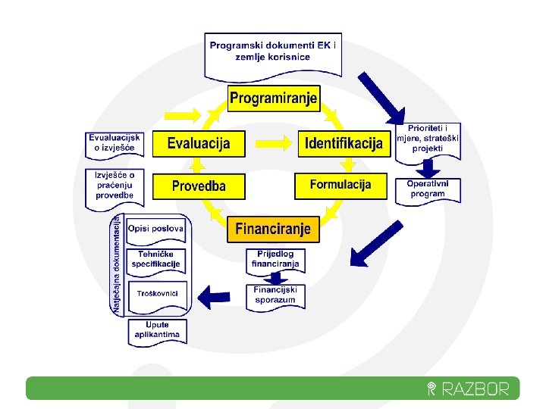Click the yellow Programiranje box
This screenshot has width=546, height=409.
coord(274,98)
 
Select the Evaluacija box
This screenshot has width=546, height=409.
coord(199,143)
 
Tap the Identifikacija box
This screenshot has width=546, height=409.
coord(344,143)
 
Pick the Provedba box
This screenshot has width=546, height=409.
coord(199,186)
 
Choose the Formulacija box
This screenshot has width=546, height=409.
coord(340,185)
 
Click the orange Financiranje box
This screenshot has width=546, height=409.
coord(273,228)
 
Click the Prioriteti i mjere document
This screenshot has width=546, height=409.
coord(428,139)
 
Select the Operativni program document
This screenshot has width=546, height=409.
coord(428,189)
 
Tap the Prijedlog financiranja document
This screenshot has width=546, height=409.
coord(275,260)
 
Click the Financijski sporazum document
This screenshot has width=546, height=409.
coord(275,295)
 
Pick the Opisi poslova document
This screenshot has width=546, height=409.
coord(156,229)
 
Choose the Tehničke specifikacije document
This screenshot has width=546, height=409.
coord(156,260)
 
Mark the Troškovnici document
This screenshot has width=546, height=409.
coord(157,294)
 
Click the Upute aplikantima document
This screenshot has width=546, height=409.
coord(157,330)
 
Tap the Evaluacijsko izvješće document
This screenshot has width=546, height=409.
coord(115,143)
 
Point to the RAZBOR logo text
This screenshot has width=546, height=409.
coord(474,389)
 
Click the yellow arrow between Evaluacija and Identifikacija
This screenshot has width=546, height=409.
coord(274,142)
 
